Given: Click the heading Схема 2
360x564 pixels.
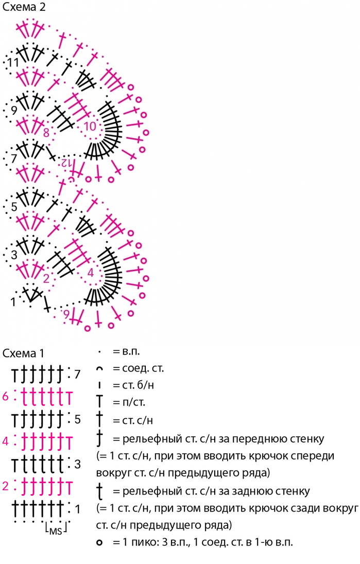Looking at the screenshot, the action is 24,7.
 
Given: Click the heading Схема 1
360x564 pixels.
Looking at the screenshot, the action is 23,353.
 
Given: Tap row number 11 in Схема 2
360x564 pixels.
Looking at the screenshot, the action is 13,63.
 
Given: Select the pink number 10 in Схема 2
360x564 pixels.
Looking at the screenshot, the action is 90,126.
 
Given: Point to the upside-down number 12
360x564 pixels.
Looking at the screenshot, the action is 65,163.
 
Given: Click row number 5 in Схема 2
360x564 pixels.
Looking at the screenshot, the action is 14,207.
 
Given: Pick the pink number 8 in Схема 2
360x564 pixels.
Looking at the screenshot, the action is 46,133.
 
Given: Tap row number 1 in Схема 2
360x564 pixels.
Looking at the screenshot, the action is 13,302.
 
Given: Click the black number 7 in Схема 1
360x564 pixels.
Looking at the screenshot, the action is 77,375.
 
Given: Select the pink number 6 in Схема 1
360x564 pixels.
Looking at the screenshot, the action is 5,396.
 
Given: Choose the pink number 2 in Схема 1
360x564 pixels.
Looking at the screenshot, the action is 5,486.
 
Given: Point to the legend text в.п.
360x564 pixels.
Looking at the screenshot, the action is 131,351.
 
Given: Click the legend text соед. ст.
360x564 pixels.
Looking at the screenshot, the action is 143,368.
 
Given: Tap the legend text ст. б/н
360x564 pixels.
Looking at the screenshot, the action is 138,385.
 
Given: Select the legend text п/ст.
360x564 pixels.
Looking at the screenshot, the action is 133,402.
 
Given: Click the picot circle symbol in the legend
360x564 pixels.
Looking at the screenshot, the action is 100,542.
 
